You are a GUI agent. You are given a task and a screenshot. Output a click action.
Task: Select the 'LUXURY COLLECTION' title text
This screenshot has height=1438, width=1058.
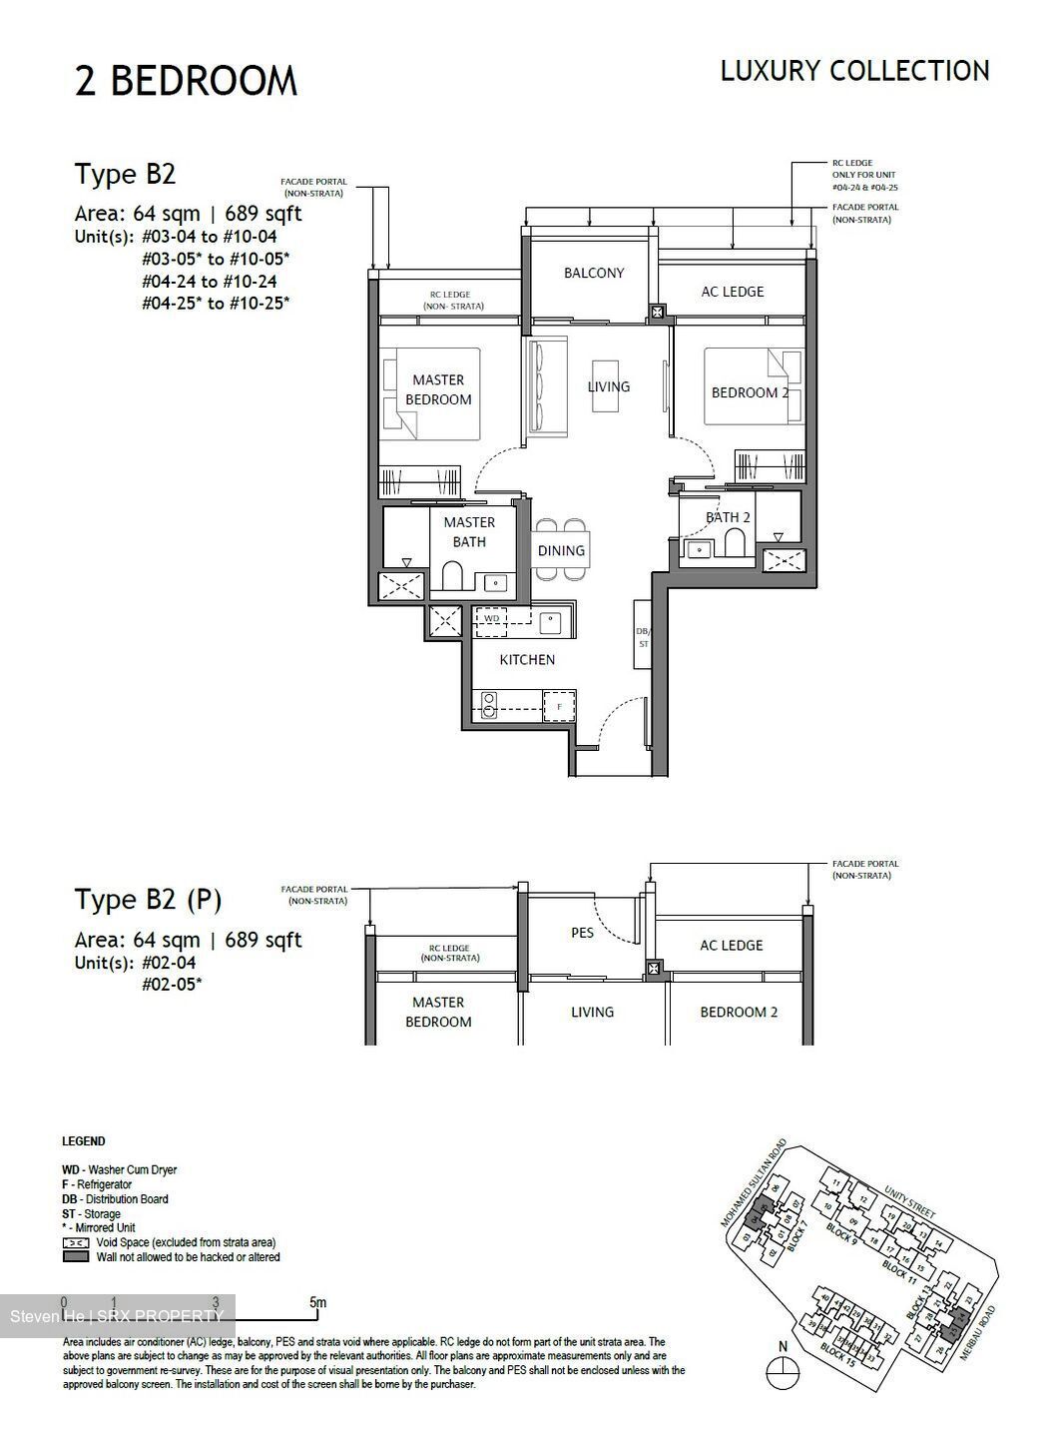click(854, 71)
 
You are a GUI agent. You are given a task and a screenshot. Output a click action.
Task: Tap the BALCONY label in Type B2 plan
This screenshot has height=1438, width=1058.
click(593, 273)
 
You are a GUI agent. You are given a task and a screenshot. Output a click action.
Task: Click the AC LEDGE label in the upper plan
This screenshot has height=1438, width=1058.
click(732, 292)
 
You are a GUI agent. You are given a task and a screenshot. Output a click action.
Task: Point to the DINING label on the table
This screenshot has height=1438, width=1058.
click(561, 550)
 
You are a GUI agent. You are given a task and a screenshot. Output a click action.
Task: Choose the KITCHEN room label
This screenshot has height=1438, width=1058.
click(527, 659)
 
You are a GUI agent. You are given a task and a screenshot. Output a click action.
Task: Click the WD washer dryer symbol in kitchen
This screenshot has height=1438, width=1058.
click(491, 619)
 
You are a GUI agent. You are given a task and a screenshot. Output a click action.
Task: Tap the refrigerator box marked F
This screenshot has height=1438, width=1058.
click(559, 706)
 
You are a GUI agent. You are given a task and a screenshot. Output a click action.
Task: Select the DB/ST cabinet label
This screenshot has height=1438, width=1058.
click(642, 638)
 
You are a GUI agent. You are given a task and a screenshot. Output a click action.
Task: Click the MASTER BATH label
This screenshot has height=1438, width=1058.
click(469, 532)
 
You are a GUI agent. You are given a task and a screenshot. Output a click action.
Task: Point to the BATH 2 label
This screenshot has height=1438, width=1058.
click(728, 517)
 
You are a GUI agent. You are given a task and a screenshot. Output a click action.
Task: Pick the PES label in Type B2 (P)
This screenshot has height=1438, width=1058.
click(582, 933)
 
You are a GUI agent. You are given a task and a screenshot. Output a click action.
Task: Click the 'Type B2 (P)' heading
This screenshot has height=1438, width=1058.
click(148, 900)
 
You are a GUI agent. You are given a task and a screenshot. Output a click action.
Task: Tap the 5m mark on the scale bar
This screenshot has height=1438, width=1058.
click(317, 1302)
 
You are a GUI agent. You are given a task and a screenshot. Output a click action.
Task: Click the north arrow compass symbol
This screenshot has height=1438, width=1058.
click(783, 1373)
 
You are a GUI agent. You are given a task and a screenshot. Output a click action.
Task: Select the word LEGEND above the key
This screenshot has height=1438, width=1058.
click(84, 1141)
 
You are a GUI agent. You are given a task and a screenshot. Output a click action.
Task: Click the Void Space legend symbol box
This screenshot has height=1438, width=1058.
click(76, 1242)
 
